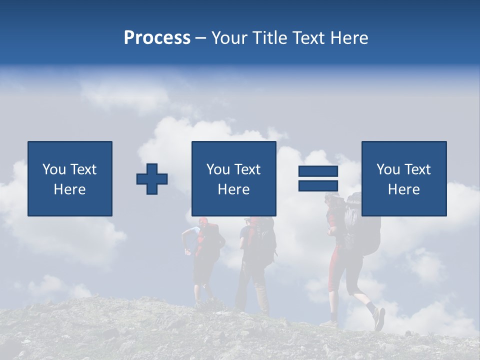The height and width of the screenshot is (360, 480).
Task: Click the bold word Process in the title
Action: point(157,38)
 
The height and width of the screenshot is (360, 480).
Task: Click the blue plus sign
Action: point(152,179)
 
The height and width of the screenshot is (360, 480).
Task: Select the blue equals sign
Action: point(318,178)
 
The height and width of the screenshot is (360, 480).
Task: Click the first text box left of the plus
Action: point(70,178)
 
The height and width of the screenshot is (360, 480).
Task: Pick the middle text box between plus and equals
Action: point(233,178)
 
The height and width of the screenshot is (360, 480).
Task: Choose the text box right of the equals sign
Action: point(404,178)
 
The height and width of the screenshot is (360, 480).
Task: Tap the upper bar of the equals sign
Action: point(318,171)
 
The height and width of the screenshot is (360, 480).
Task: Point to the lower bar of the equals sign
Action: point(318,185)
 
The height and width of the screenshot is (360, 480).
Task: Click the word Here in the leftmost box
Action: point(69,189)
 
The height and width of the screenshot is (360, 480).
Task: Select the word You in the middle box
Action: point(218,169)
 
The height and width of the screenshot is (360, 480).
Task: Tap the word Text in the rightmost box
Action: point(418,169)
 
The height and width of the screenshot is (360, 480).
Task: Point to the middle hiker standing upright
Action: point(255,260)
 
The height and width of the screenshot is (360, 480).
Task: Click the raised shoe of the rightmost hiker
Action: point(379,318)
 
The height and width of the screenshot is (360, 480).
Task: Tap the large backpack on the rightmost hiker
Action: point(362,225)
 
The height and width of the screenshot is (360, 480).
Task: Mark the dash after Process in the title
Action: point(200,38)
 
